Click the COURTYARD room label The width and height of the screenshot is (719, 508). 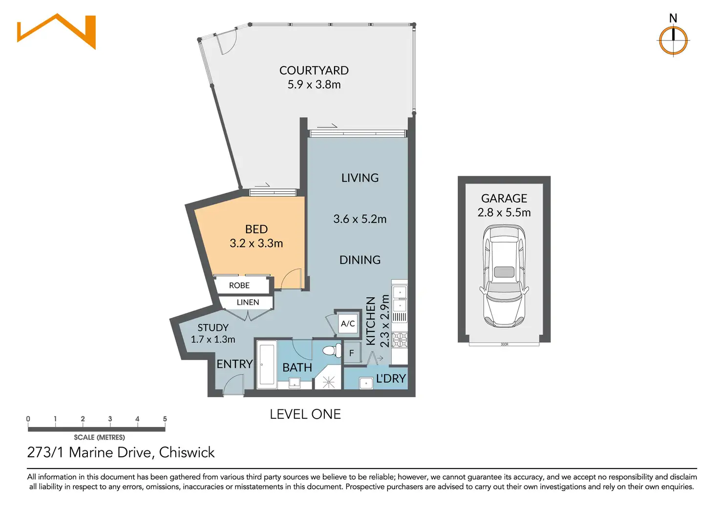click(314, 71)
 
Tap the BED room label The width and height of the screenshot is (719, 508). click(256, 229)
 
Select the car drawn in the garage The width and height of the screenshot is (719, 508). click(504, 276)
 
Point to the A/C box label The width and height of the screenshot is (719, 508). click(348, 323)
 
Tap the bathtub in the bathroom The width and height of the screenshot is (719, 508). click(267, 365)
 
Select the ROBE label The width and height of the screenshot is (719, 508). click(239, 285)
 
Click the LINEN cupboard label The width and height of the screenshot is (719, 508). click(248, 302)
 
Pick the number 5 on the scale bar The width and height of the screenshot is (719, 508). click(165, 419)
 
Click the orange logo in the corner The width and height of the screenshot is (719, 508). click(57, 31)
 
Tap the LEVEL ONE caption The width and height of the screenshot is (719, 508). click(305, 414)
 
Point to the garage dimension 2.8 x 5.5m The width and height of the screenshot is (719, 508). click(504, 213)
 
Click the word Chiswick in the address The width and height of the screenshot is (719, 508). click(187, 452)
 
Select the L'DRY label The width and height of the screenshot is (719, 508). click(391, 378)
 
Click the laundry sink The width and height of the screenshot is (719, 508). click(366, 383)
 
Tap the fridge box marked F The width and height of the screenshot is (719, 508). click(352, 353)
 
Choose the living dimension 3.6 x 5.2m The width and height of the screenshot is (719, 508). click(360, 219)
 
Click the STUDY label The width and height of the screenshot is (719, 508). click(213, 328)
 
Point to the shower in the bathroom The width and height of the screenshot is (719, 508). click(328, 378)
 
